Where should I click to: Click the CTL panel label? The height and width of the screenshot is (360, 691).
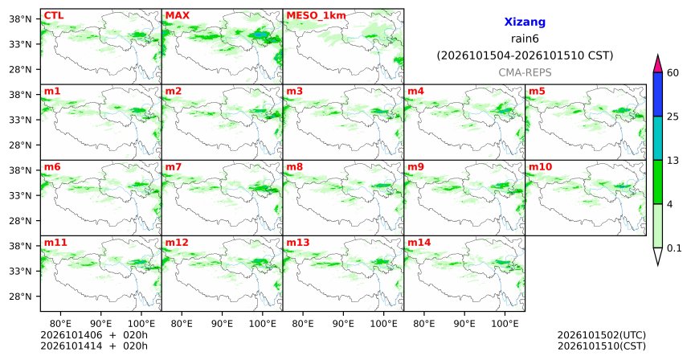(x=54, y=16)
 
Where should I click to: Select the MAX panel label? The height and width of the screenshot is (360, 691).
(x=177, y=16)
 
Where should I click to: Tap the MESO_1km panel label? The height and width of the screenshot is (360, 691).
(x=316, y=16)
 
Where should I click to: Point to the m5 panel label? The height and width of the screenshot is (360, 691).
(x=537, y=92)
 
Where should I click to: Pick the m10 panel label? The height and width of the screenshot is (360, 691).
(x=540, y=167)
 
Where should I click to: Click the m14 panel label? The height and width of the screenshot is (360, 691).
(x=419, y=243)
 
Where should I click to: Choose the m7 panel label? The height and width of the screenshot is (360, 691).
(x=174, y=167)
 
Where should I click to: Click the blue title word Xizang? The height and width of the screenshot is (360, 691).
(x=525, y=22)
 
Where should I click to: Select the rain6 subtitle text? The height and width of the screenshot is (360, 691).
(x=525, y=39)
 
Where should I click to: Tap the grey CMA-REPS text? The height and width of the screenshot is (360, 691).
(x=525, y=72)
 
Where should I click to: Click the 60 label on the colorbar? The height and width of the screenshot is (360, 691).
(x=673, y=72)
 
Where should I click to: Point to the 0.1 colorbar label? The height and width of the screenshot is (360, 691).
(x=674, y=248)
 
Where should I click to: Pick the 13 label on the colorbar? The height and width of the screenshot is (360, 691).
(x=673, y=161)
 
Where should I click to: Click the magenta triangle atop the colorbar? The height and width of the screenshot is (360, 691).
(x=658, y=63)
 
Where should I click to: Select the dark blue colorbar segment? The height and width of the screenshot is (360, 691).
(x=658, y=94)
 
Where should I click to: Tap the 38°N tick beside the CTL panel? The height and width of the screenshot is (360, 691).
(x=21, y=19)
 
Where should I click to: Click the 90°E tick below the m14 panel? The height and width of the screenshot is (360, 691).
(x=464, y=324)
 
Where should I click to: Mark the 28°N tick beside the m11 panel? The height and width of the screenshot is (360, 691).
(x=21, y=297)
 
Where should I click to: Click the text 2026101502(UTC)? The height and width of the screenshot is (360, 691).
(x=602, y=336)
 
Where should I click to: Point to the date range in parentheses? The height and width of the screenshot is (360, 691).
(x=525, y=56)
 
